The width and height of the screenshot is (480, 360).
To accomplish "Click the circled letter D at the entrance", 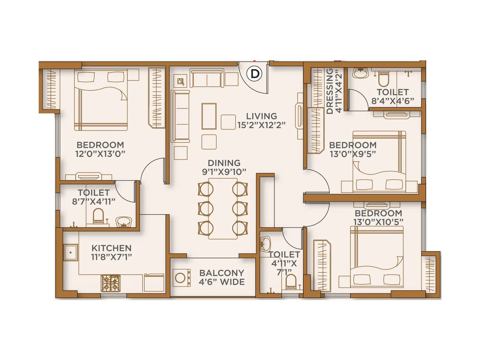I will click(255, 73).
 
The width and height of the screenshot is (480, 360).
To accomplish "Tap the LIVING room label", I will click(261, 116).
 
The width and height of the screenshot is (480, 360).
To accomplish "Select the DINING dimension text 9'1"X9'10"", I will click(224, 172).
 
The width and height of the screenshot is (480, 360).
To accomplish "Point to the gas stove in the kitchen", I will click(111, 283).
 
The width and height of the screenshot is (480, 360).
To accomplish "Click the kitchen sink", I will click(71, 252).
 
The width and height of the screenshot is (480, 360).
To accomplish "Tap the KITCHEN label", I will click(111, 248).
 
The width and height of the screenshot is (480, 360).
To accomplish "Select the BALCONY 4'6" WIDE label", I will click(222, 277).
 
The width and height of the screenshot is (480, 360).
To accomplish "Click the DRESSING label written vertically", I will click(330, 91).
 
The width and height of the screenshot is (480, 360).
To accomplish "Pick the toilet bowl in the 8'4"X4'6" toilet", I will click(383, 79).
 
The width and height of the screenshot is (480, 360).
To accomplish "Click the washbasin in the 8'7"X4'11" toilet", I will click(123, 222).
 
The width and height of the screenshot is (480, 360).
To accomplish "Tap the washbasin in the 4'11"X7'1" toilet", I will click(265, 244).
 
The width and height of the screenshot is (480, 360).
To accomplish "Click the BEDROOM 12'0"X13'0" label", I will click(100, 149).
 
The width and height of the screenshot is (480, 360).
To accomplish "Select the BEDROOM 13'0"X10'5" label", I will click(378, 217).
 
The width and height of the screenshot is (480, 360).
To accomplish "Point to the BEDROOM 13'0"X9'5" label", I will click(353, 149).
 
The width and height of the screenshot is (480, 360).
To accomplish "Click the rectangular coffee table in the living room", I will click(209, 116).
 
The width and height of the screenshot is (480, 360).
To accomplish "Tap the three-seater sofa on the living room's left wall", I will click(180, 116).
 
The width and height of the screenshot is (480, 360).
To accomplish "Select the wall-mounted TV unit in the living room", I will click(299, 116).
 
